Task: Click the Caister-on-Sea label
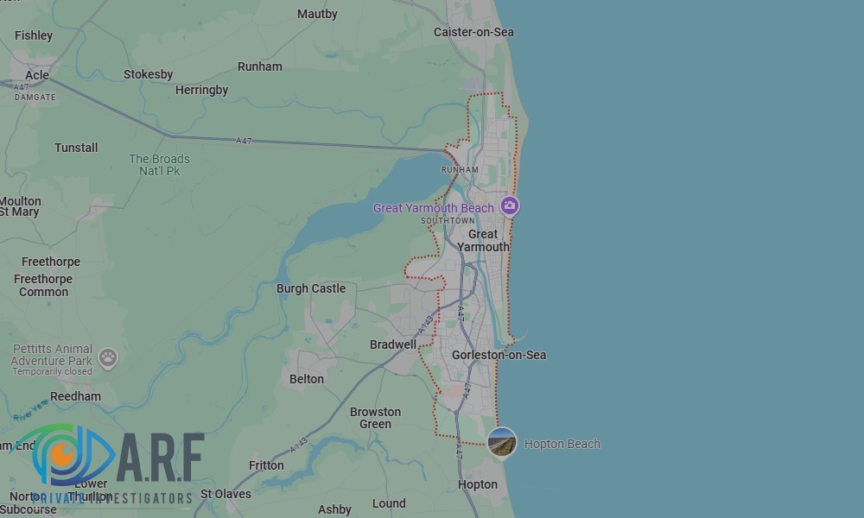tap(473, 32)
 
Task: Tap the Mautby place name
tap(317, 14)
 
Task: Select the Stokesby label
tap(149, 74)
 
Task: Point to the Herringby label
tap(201, 90)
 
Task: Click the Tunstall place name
tap(76, 148)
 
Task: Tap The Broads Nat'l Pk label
tap(159, 165)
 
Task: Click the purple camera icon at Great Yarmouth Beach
tap(510, 205)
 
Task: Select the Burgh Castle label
tap(310, 288)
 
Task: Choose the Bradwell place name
tap(393, 344)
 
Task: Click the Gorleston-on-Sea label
tap(499, 355)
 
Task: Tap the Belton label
tap(307, 379)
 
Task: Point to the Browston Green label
tap(375, 418)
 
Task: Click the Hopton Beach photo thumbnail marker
tap(502, 443)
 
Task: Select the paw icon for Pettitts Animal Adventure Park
tap(108, 356)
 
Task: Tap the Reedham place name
tap(75, 396)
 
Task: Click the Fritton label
tap(266, 465)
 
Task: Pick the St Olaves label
tap(226, 494)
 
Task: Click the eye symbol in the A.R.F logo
tap(63, 452)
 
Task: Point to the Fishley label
tap(34, 35)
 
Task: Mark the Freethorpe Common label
tap(43, 286)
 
